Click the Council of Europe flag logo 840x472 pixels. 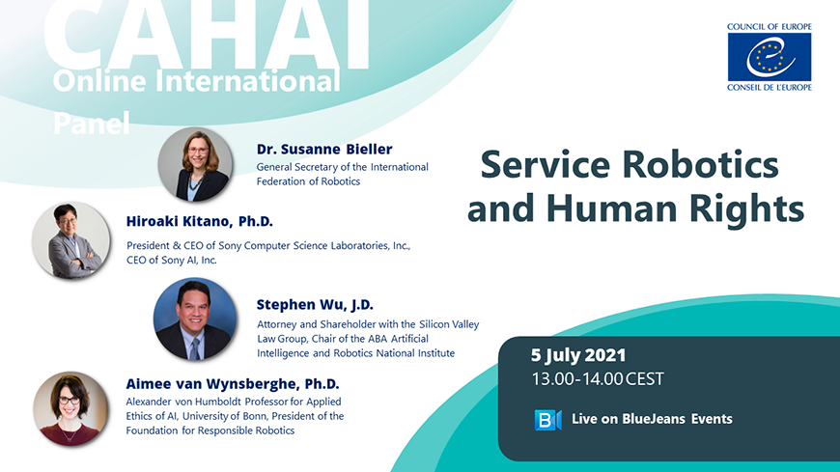(770, 57)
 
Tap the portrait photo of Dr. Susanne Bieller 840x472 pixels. (196, 164)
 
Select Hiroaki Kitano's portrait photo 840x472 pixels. (71, 240)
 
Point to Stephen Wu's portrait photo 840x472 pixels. (195, 319)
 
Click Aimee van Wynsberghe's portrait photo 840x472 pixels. (70, 409)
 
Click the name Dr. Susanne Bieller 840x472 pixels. (324, 149)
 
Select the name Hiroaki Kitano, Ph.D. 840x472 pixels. (199, 221)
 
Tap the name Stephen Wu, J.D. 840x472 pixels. (315, 305)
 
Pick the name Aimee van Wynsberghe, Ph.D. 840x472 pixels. (233, 384)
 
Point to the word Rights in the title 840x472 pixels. (746, 208)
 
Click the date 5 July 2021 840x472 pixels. (578, 355)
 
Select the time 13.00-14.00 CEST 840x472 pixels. (598, 379)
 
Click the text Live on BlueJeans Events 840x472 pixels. (652, 419)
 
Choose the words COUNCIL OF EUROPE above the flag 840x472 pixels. (770, 27)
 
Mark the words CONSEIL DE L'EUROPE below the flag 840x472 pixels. (770, 87)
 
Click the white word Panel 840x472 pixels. (92, 124)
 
